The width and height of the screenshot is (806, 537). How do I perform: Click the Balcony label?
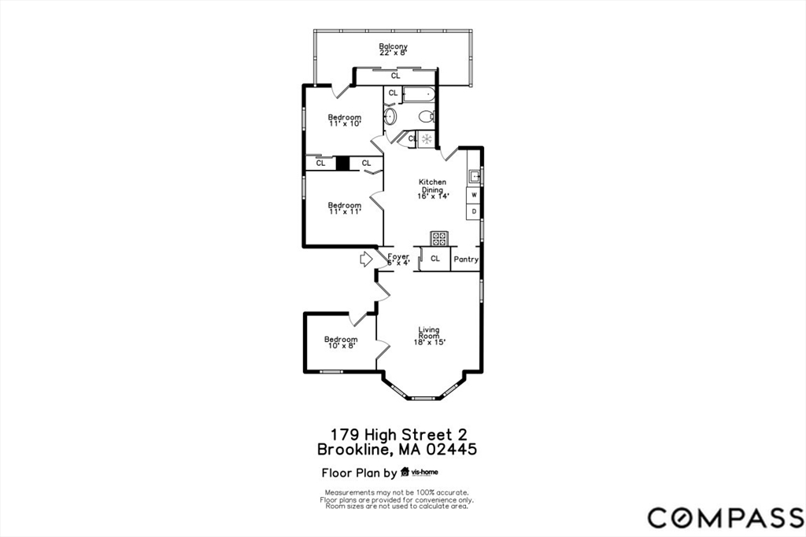(394, 47)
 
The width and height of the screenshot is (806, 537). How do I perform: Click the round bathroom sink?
(390, 117)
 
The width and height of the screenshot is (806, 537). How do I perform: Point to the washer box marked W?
(474, 193)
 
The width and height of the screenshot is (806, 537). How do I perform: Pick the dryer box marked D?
(474, 211)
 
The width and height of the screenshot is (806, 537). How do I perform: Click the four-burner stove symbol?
(438, 238)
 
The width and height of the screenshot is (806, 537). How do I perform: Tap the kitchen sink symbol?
(474, 176)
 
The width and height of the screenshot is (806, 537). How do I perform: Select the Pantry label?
(465, 259)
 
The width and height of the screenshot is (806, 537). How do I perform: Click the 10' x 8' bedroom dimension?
(341, 345)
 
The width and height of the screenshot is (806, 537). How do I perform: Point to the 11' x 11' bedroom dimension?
(344, 211)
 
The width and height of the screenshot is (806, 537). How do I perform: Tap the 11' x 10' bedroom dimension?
(345, 123)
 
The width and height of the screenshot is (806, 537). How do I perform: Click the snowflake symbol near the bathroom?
(426, 139)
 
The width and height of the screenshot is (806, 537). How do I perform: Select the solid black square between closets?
(342, 164)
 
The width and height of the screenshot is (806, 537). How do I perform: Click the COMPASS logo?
(725, 517)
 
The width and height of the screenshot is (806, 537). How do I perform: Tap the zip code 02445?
(450, 451)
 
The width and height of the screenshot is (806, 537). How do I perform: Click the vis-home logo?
(420, 473)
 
